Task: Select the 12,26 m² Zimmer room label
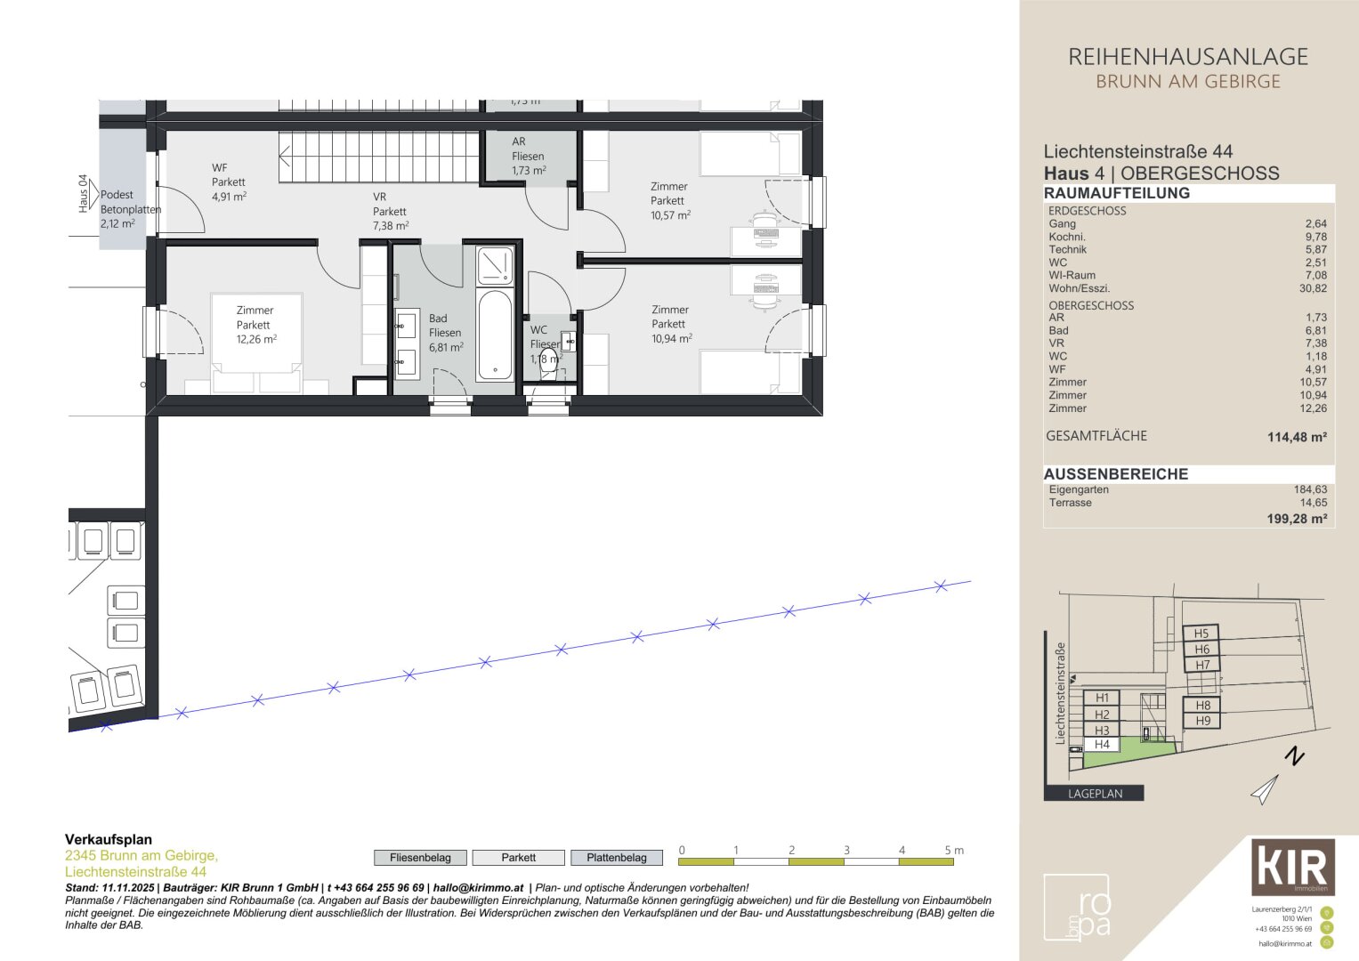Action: (255, 325)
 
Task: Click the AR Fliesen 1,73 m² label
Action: (528, 156)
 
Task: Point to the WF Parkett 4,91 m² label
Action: (229, 182)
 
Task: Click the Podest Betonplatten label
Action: (125, 208)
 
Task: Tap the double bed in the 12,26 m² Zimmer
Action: (256, 343)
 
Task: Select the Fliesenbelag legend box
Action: (420, 858)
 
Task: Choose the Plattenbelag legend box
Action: (617, 858)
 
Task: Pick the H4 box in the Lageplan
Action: (1102, 745)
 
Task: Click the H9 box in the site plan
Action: (1202, 721)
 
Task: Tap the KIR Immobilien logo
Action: (1292, 867)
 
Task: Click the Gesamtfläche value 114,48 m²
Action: (1297, 437)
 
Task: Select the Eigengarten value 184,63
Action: (1310, 489)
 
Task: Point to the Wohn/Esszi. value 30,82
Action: (1313, 288)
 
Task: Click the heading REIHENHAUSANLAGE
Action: (1187, 57)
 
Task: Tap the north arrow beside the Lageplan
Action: (1266, 788)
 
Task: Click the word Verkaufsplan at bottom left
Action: (109, 839)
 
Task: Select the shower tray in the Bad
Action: (495, 265)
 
